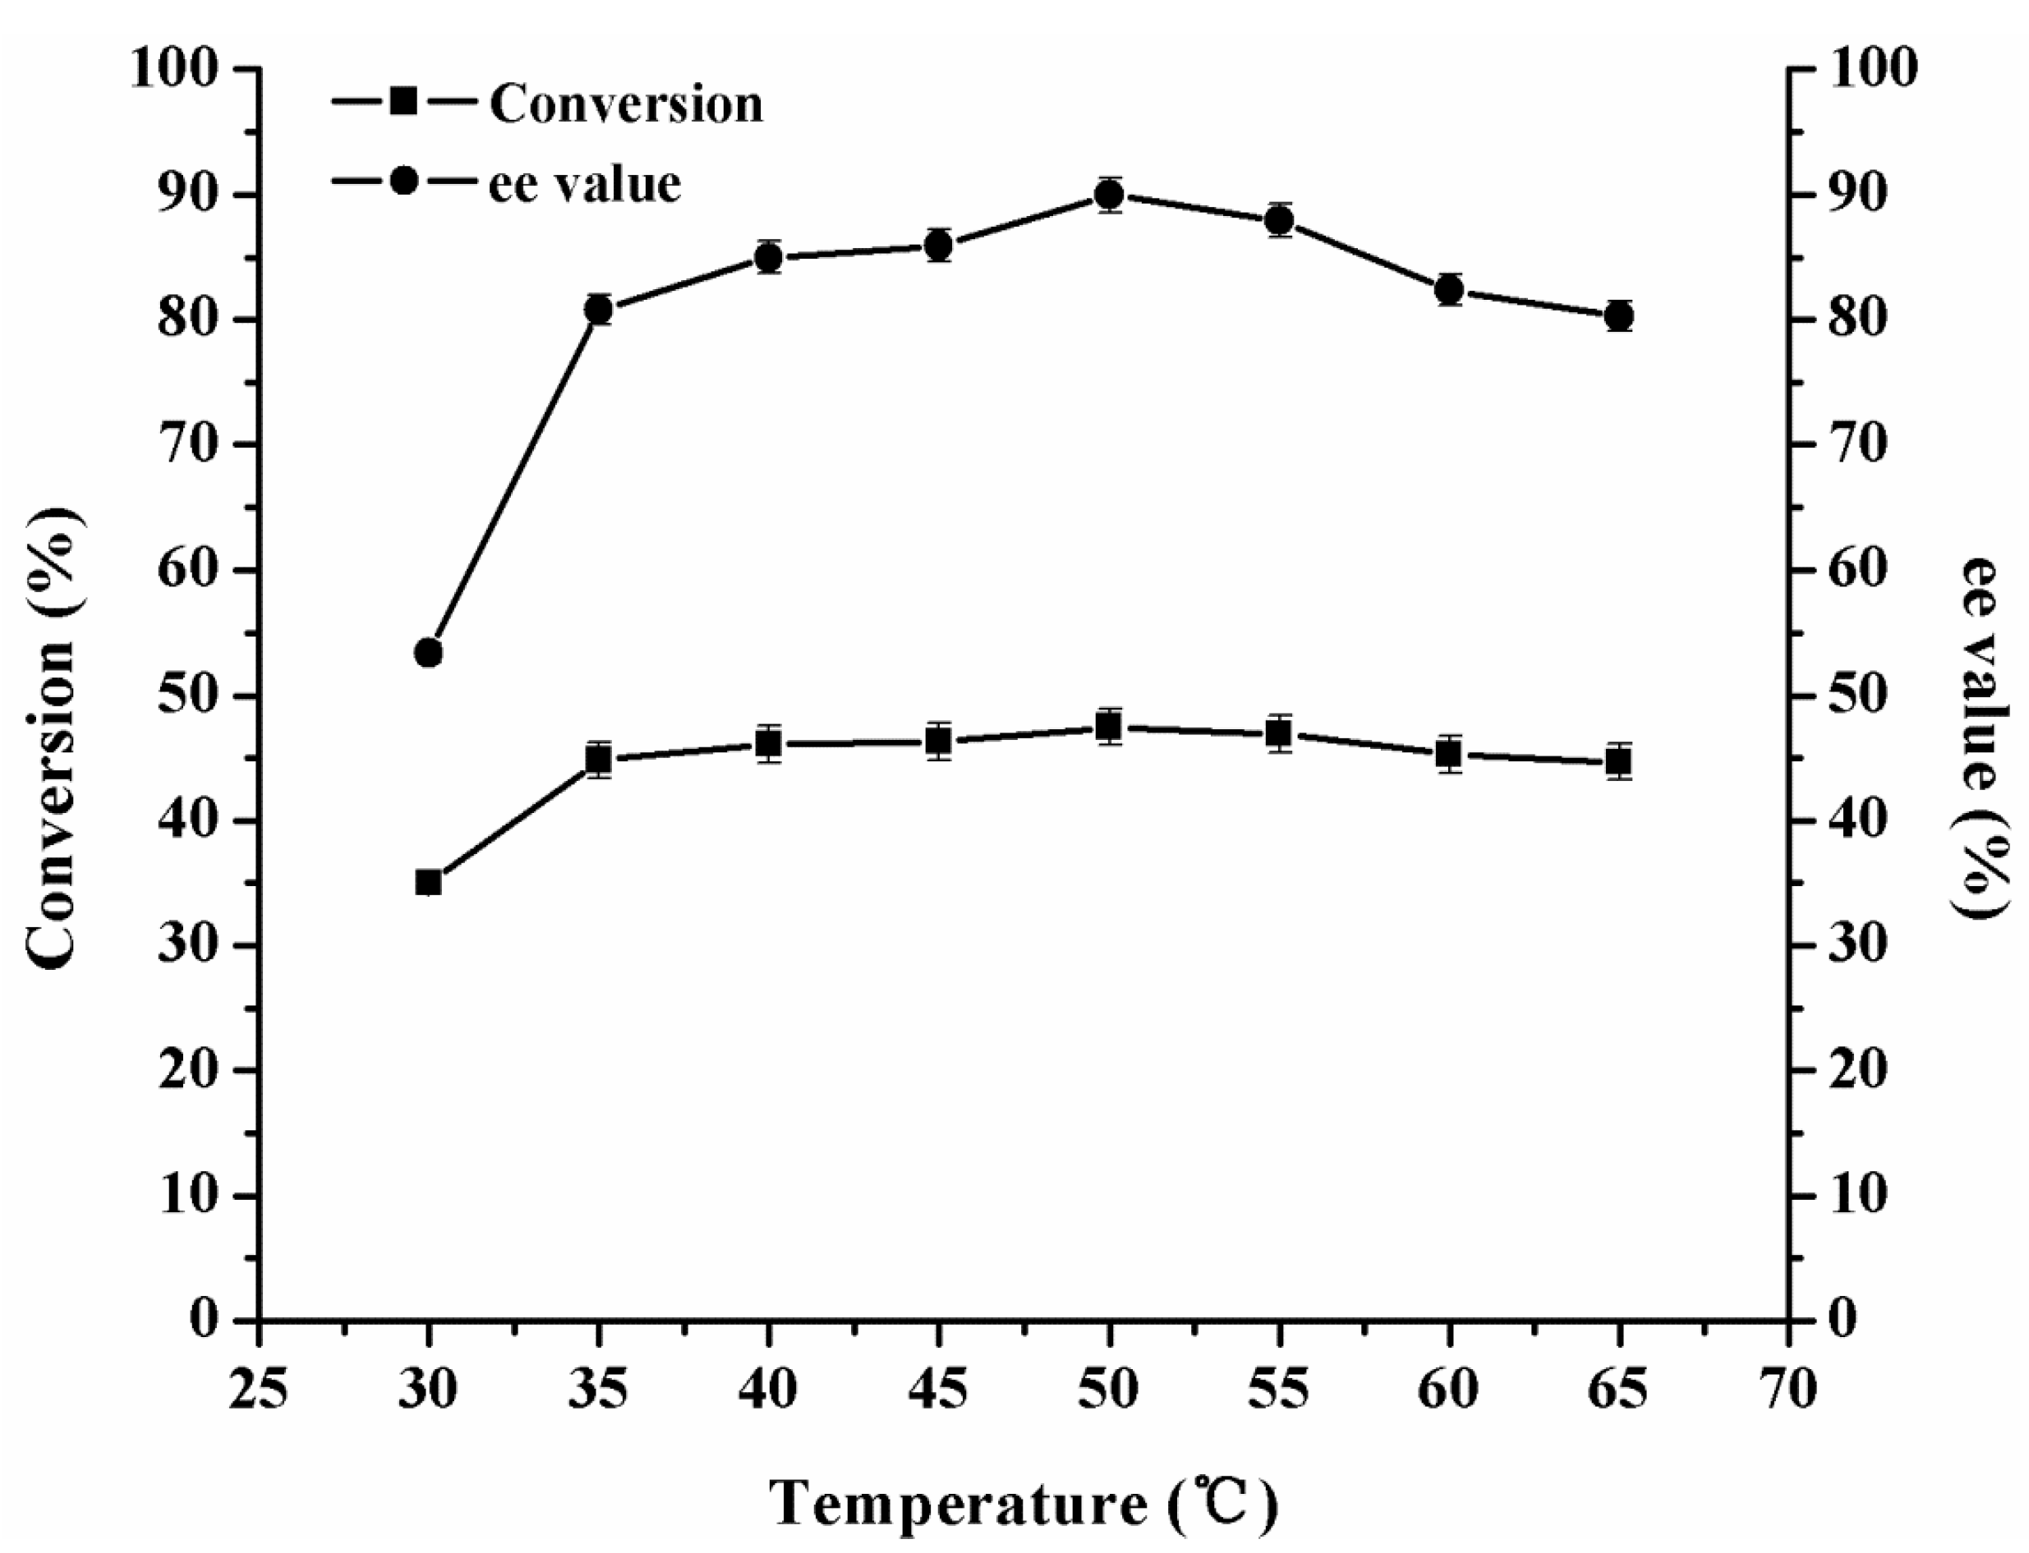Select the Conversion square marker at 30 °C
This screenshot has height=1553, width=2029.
(x=428, y=883)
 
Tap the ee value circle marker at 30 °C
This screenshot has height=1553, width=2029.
(x=428, y=653)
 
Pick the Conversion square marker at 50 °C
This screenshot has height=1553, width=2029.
(x=1108, y=728)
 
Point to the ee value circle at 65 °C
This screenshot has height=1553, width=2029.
(x=1618, y=316)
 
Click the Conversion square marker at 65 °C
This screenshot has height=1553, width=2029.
(x=1618, y=761)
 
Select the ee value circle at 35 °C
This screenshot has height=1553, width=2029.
(x=599, y=310)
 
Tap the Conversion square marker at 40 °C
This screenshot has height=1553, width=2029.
(x=768, y=743)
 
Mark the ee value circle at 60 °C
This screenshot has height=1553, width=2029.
(x=1449, y=290)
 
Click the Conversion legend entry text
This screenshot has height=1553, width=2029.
(x=626, y=103)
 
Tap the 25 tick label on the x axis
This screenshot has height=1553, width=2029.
(x=259, y=1388)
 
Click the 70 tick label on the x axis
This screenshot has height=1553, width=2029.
(x=1788, y=1388)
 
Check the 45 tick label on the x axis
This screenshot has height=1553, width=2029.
(x=938, y=1388)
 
